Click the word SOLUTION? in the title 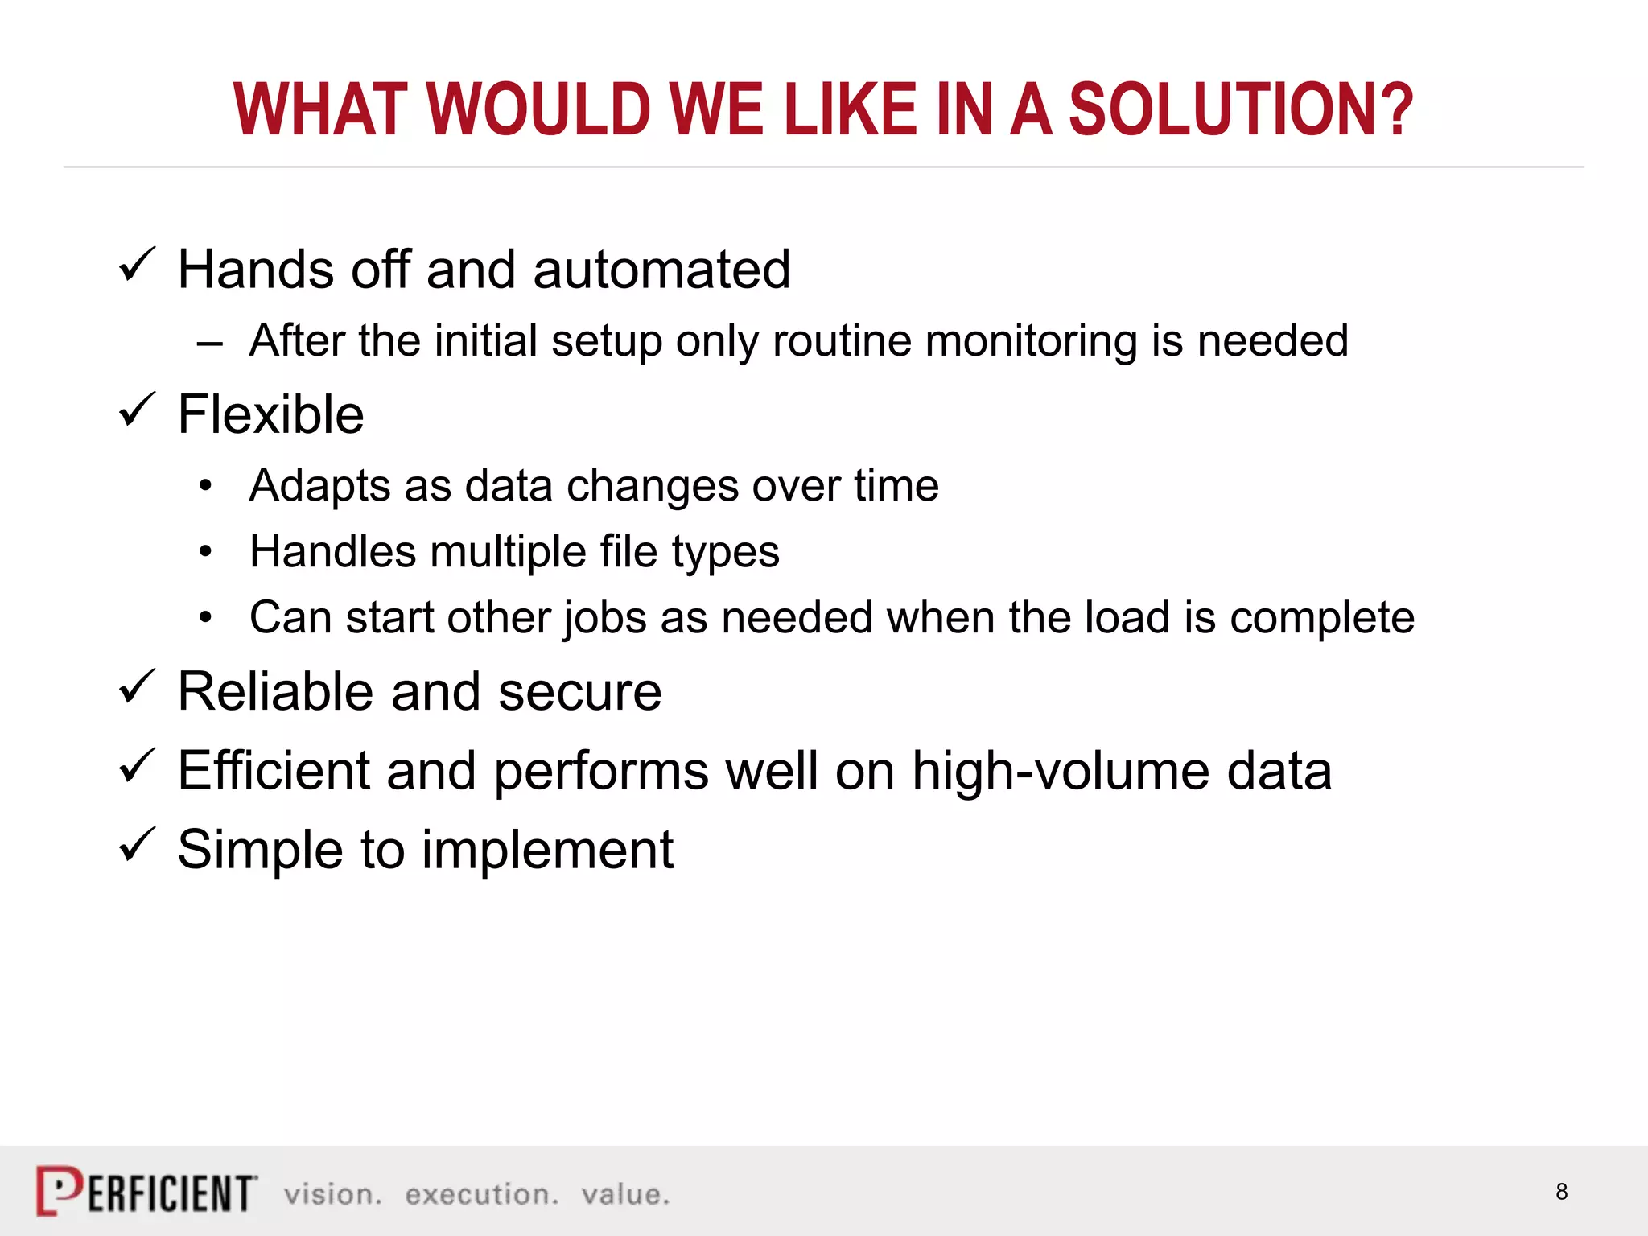tap(1240, 110)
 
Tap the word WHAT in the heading tap(319, 110)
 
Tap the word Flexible tap(270, 415)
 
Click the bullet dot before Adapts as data tap(206, 486)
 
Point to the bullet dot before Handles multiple tap(206, 552)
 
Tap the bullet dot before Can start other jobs tap(206, 618)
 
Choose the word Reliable tap(276, 691)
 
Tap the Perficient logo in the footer tap(147, 1191)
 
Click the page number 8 tap(1561, 1192)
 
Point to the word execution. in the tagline tap(481, 1195)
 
